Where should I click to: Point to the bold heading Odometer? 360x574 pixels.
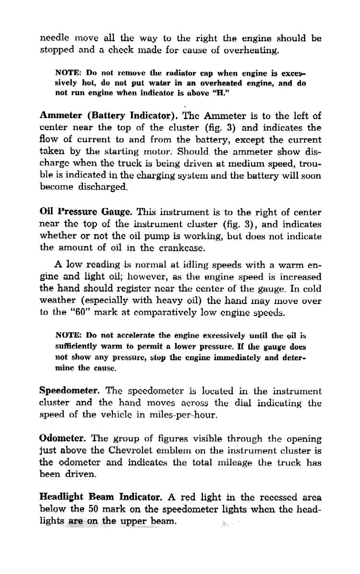pos(62,439)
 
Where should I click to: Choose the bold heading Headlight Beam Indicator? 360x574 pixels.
pos(101,497)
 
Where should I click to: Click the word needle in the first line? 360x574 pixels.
pos(54,38)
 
